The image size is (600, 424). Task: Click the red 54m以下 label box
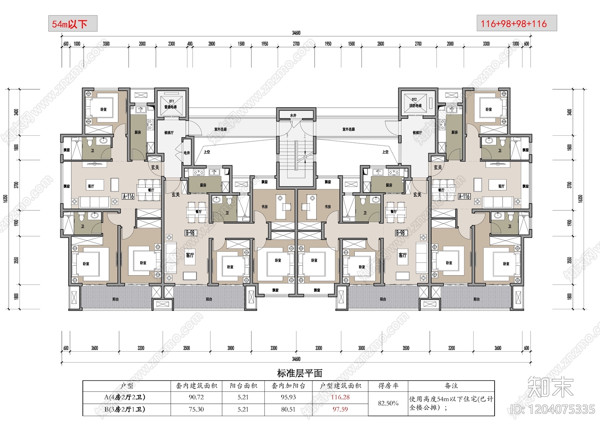(73, 24)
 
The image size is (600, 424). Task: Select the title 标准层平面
(300, 373)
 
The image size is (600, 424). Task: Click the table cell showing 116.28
(340, 397)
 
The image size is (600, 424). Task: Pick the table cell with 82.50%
(388, 403)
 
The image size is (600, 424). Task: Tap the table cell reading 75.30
(196, 409)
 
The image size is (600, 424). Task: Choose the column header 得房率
(388, 385)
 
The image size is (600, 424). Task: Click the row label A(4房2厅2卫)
(125, 397)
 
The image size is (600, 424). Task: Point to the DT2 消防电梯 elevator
(415, 103)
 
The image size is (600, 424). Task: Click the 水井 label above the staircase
(293, 115)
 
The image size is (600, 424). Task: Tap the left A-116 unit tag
(128, 196)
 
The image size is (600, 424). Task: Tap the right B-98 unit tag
(400, 233)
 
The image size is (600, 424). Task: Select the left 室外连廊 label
(220, 129)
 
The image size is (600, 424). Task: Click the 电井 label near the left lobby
(187, 153)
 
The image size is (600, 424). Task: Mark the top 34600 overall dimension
(296, 33)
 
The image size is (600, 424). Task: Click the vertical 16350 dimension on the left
(5, 199)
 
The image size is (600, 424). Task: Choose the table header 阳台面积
(243, 385)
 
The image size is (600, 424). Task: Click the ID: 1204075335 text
(553, 409)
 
